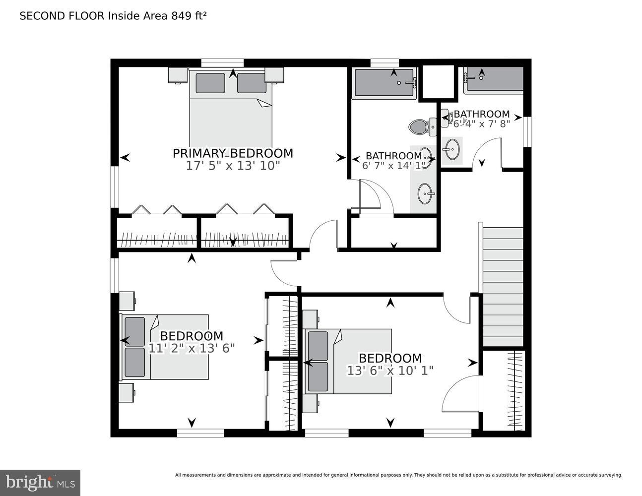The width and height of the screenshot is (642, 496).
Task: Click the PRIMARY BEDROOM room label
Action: click(x=233, y=153)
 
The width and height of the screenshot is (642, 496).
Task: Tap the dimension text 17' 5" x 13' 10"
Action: click(x=233, y=166)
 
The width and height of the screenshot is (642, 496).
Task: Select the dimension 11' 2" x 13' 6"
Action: click(x=192, y=348)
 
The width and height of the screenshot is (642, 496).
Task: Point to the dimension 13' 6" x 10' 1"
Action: click(x=390, y=371)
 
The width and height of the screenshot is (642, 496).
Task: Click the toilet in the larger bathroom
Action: click(x=419, y=127)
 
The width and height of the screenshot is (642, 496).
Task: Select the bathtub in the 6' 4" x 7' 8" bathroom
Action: click(x=494, y=79)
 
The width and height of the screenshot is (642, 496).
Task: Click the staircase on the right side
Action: click(x=503, y=287)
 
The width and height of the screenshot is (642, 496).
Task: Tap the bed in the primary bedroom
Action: click(x=231, y=109)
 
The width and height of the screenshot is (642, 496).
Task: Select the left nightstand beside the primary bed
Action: click(x=177, y=75)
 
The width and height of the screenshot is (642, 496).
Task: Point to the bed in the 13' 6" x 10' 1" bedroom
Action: click(x=349, y=361)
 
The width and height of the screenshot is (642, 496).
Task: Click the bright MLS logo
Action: click(x=40, y=482)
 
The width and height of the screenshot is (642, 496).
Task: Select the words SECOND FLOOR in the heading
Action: click(x=62, y=16)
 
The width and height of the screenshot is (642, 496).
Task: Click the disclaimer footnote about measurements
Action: click(x=398, y=475)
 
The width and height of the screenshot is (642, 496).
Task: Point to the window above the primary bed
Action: click(x=222, y=62)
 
